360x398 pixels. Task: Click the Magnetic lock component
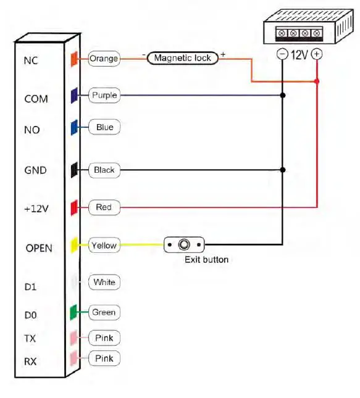(182, 58)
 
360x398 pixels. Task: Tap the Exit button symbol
(184, 245)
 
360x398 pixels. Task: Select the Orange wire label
(104, 59)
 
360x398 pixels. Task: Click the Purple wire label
(104, 96)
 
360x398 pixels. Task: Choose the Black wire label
(104, 170)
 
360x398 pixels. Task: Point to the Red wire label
(104, 207)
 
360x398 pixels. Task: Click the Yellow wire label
(104, 246)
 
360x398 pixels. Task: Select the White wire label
(104, 282)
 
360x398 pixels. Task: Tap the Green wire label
(104, 312)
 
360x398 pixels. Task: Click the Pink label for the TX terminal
(104, 338)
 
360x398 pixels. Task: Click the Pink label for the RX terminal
(104, 359)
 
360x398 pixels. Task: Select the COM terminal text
(35, 99)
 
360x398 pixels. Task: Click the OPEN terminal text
(39, 248)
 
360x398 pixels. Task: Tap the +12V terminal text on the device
(36, 209)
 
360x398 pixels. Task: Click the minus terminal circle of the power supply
(282, 54)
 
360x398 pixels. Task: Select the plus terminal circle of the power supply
(317, 54)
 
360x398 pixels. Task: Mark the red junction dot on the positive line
(317, 81)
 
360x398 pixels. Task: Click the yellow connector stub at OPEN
(73, 245)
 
